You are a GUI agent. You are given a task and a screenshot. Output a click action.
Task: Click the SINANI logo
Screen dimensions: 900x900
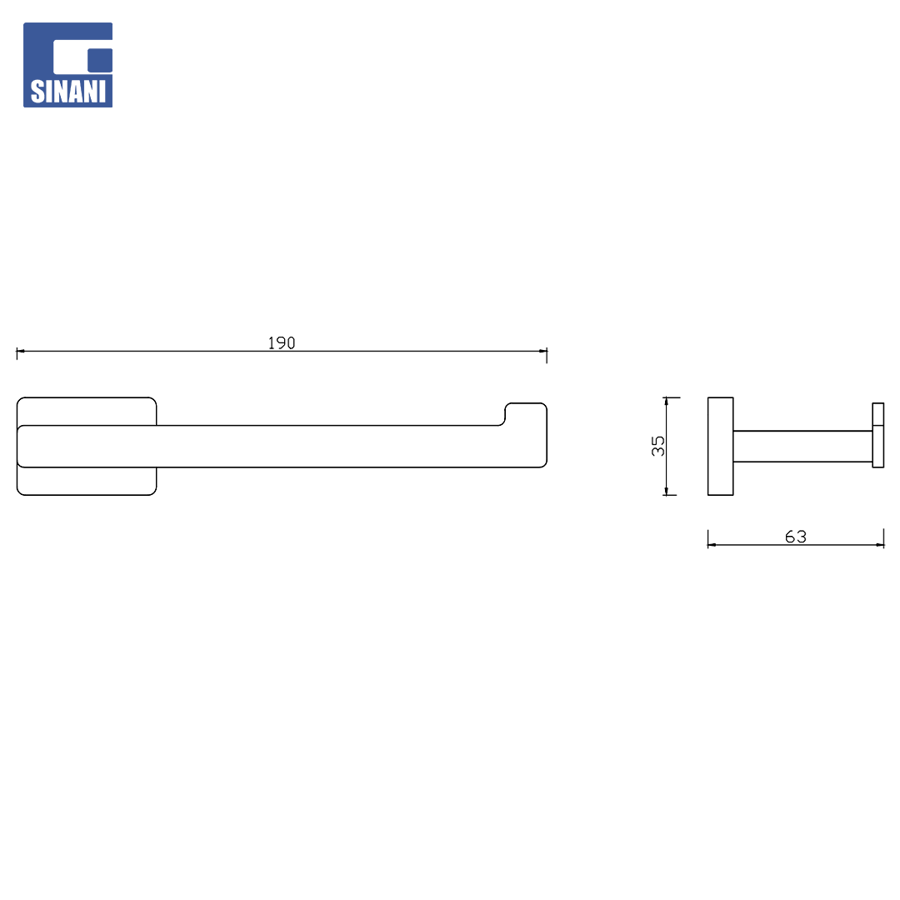[67, 65]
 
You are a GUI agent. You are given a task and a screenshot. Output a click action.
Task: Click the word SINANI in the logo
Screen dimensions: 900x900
[67, 92]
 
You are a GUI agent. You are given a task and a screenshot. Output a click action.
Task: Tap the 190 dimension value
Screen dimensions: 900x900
[282, 342]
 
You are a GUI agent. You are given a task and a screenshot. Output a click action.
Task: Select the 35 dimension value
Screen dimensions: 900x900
[657, 445]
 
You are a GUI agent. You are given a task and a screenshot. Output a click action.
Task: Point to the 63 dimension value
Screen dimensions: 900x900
[796, 536]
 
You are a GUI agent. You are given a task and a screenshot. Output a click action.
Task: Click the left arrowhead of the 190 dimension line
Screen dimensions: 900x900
[21, 351]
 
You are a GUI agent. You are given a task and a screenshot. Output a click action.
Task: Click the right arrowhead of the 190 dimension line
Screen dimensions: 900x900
[543, 351]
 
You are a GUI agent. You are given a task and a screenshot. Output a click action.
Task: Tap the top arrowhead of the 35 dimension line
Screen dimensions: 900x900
[666, 401]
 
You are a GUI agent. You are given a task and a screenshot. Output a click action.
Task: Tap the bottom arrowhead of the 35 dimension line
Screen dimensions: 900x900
[666, 491]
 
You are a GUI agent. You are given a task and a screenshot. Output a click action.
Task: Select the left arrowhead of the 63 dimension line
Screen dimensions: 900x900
[712, 545]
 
